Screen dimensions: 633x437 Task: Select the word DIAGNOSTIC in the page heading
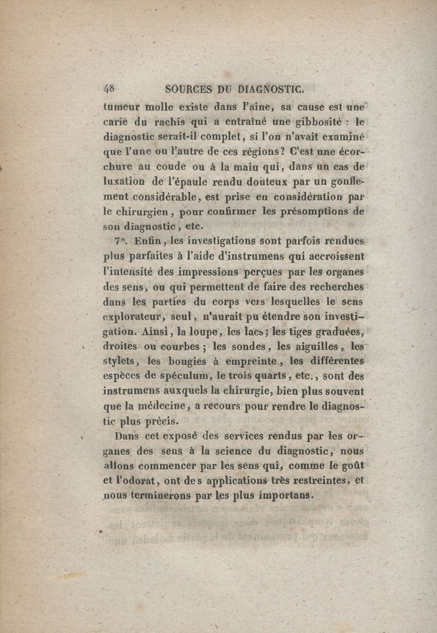coord(270,89)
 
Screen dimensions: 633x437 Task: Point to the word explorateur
coord(131,317)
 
